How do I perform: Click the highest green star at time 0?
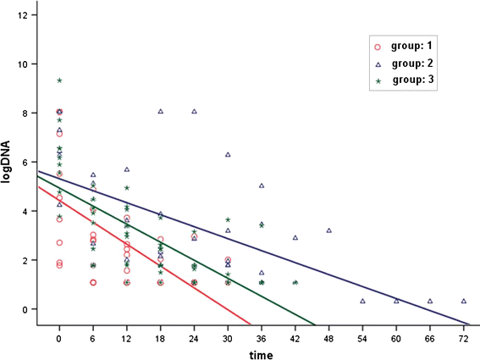pyautogui.click(x=59, y=80)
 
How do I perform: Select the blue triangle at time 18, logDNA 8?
pyautogui.click(x=160, y=111)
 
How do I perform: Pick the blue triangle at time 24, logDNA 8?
pyautogui.click(x=194, y=111)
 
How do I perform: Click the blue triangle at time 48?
pyautogui.click(x=328, y=230)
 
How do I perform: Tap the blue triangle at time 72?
pyautogui.click(x=463, y=301)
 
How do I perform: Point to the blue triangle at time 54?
pyautogui.click(x=362, y=301)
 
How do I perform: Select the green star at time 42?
pyautogui.click(x=295, y=282)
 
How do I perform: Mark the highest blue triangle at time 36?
pyautogui.click(x=262, y=186)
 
